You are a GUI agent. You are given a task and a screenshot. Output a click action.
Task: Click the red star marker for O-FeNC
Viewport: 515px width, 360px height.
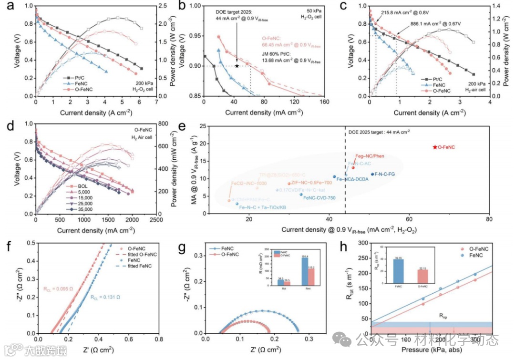point(434,147)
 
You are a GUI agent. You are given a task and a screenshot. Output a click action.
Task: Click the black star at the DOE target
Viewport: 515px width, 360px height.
point(237,66)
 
